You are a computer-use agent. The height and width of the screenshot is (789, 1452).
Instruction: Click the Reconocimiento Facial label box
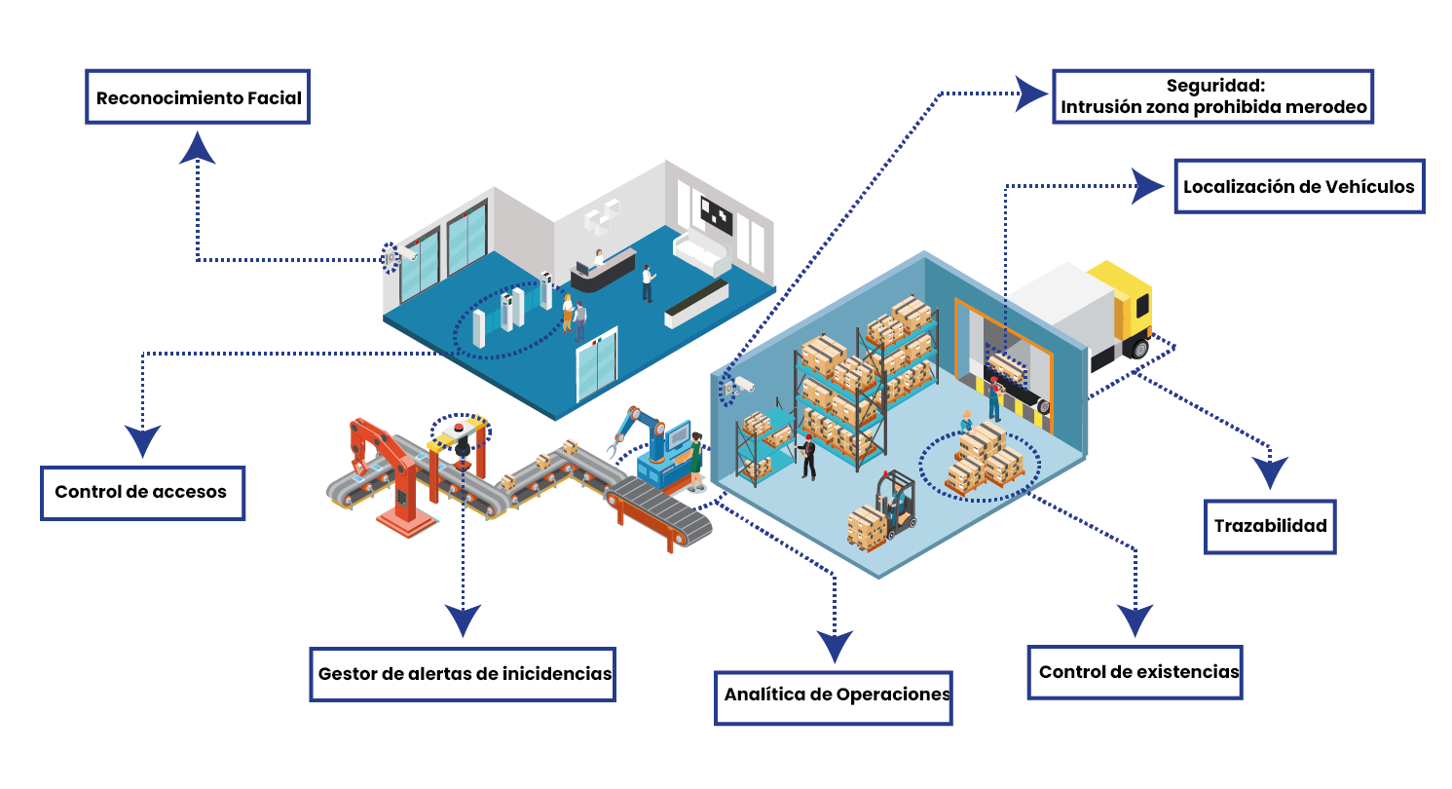coord(198,96)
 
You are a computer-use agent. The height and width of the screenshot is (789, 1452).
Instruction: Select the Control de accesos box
coord(142,493)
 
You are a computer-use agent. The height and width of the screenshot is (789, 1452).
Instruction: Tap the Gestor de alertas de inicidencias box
coord(463,674)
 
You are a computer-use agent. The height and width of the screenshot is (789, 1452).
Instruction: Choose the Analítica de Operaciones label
coord(834,697)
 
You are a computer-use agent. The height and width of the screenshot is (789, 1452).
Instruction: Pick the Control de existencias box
coord(1136,672)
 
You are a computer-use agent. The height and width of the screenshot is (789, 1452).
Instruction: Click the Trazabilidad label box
coord(1270,526)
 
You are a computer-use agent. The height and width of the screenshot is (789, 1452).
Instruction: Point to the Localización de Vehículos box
coord(1300,186)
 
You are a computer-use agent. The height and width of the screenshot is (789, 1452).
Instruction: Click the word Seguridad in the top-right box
coord(1215,86)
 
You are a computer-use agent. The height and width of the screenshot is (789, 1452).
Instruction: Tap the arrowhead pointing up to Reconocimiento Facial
coord(197,147)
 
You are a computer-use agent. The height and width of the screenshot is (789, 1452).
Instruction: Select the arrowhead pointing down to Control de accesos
coord(142,442)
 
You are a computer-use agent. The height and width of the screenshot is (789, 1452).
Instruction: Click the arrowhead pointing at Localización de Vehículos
coord(1148,186)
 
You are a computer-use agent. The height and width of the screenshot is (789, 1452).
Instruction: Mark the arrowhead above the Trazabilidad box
coord(1270,473)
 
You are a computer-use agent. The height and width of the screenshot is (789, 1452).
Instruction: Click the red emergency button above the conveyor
coord(459,428)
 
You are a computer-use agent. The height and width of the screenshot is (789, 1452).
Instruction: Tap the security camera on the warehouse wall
coord(740,386)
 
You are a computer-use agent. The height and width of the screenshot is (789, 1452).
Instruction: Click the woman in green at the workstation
coord(695,462)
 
